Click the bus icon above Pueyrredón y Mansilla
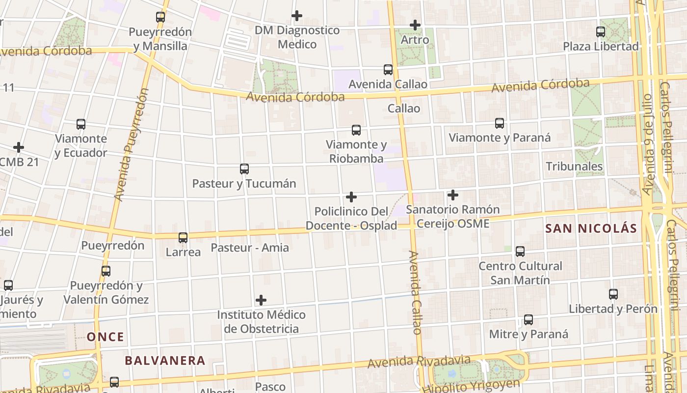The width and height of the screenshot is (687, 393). coord(160,17)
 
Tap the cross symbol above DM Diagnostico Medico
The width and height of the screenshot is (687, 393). coord(297,16)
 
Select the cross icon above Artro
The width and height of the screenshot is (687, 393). coord(415,25)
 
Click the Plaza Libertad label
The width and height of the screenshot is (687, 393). coord(601,47)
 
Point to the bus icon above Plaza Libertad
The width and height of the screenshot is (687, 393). coord(601,32)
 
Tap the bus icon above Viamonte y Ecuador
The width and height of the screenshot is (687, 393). coord(81,124)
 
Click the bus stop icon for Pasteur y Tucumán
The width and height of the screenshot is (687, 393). coord(244,169)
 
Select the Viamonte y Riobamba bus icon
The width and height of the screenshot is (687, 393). coord(356,130)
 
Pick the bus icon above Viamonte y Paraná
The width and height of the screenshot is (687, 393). coord(500,123)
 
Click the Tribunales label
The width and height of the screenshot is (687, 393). coord(574,167)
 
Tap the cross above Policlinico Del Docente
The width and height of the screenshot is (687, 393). coord(351,197)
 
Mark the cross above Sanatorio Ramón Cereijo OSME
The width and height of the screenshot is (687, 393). coord(453,196)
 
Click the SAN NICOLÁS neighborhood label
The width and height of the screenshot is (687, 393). coord(591,228)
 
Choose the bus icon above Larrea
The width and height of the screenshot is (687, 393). coord(183,238)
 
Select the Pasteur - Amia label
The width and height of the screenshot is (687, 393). coord(250,248)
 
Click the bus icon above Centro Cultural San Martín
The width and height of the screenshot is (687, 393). coord(520,252)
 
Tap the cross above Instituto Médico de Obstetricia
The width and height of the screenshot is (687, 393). coord(262,300)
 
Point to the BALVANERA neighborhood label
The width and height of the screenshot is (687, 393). coord(165,361)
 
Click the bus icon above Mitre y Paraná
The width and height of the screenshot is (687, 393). coord(528,320)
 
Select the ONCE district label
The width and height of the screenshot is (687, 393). coord(106,337)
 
